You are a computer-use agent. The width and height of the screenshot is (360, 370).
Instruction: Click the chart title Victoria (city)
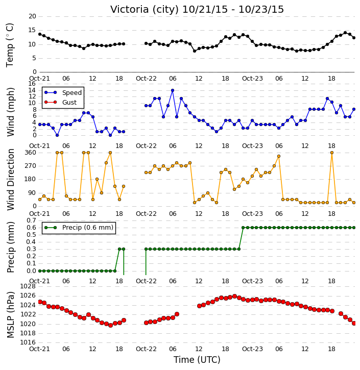pos(145,10)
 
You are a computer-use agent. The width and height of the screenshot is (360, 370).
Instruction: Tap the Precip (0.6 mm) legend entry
pos(79,228)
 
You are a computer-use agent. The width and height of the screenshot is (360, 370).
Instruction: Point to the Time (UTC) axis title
pos(197,360)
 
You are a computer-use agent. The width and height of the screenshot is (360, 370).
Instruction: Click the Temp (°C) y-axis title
pos(10,45)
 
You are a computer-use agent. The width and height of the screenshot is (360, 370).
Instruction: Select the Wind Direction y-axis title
pos(11,179)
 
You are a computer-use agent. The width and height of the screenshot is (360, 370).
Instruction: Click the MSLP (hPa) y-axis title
pos(11,315)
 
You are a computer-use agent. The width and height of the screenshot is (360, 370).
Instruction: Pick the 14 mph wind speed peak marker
pos(173,90)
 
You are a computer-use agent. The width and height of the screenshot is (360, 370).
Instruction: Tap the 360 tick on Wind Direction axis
pos(31,153)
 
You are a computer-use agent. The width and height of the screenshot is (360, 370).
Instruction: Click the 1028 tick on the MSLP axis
pos(28,286)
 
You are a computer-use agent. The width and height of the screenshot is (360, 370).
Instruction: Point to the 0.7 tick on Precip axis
pos(31,220)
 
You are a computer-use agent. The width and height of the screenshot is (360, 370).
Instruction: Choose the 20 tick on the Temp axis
pos(32,16)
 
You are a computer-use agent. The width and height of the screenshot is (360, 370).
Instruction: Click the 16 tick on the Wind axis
pos(32,84)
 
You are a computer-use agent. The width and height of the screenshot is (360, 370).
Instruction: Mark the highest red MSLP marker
pos(234,296)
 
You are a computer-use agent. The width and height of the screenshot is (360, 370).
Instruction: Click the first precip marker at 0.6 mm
pos(244,228)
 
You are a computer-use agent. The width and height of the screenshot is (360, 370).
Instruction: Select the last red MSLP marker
pos(354,323)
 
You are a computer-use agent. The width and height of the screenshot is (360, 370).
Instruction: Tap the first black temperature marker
pos(40,34)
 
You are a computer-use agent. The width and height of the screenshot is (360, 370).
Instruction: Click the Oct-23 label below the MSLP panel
pos(252,349)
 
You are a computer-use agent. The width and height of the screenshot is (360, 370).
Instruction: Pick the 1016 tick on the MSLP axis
pos(28,342)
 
